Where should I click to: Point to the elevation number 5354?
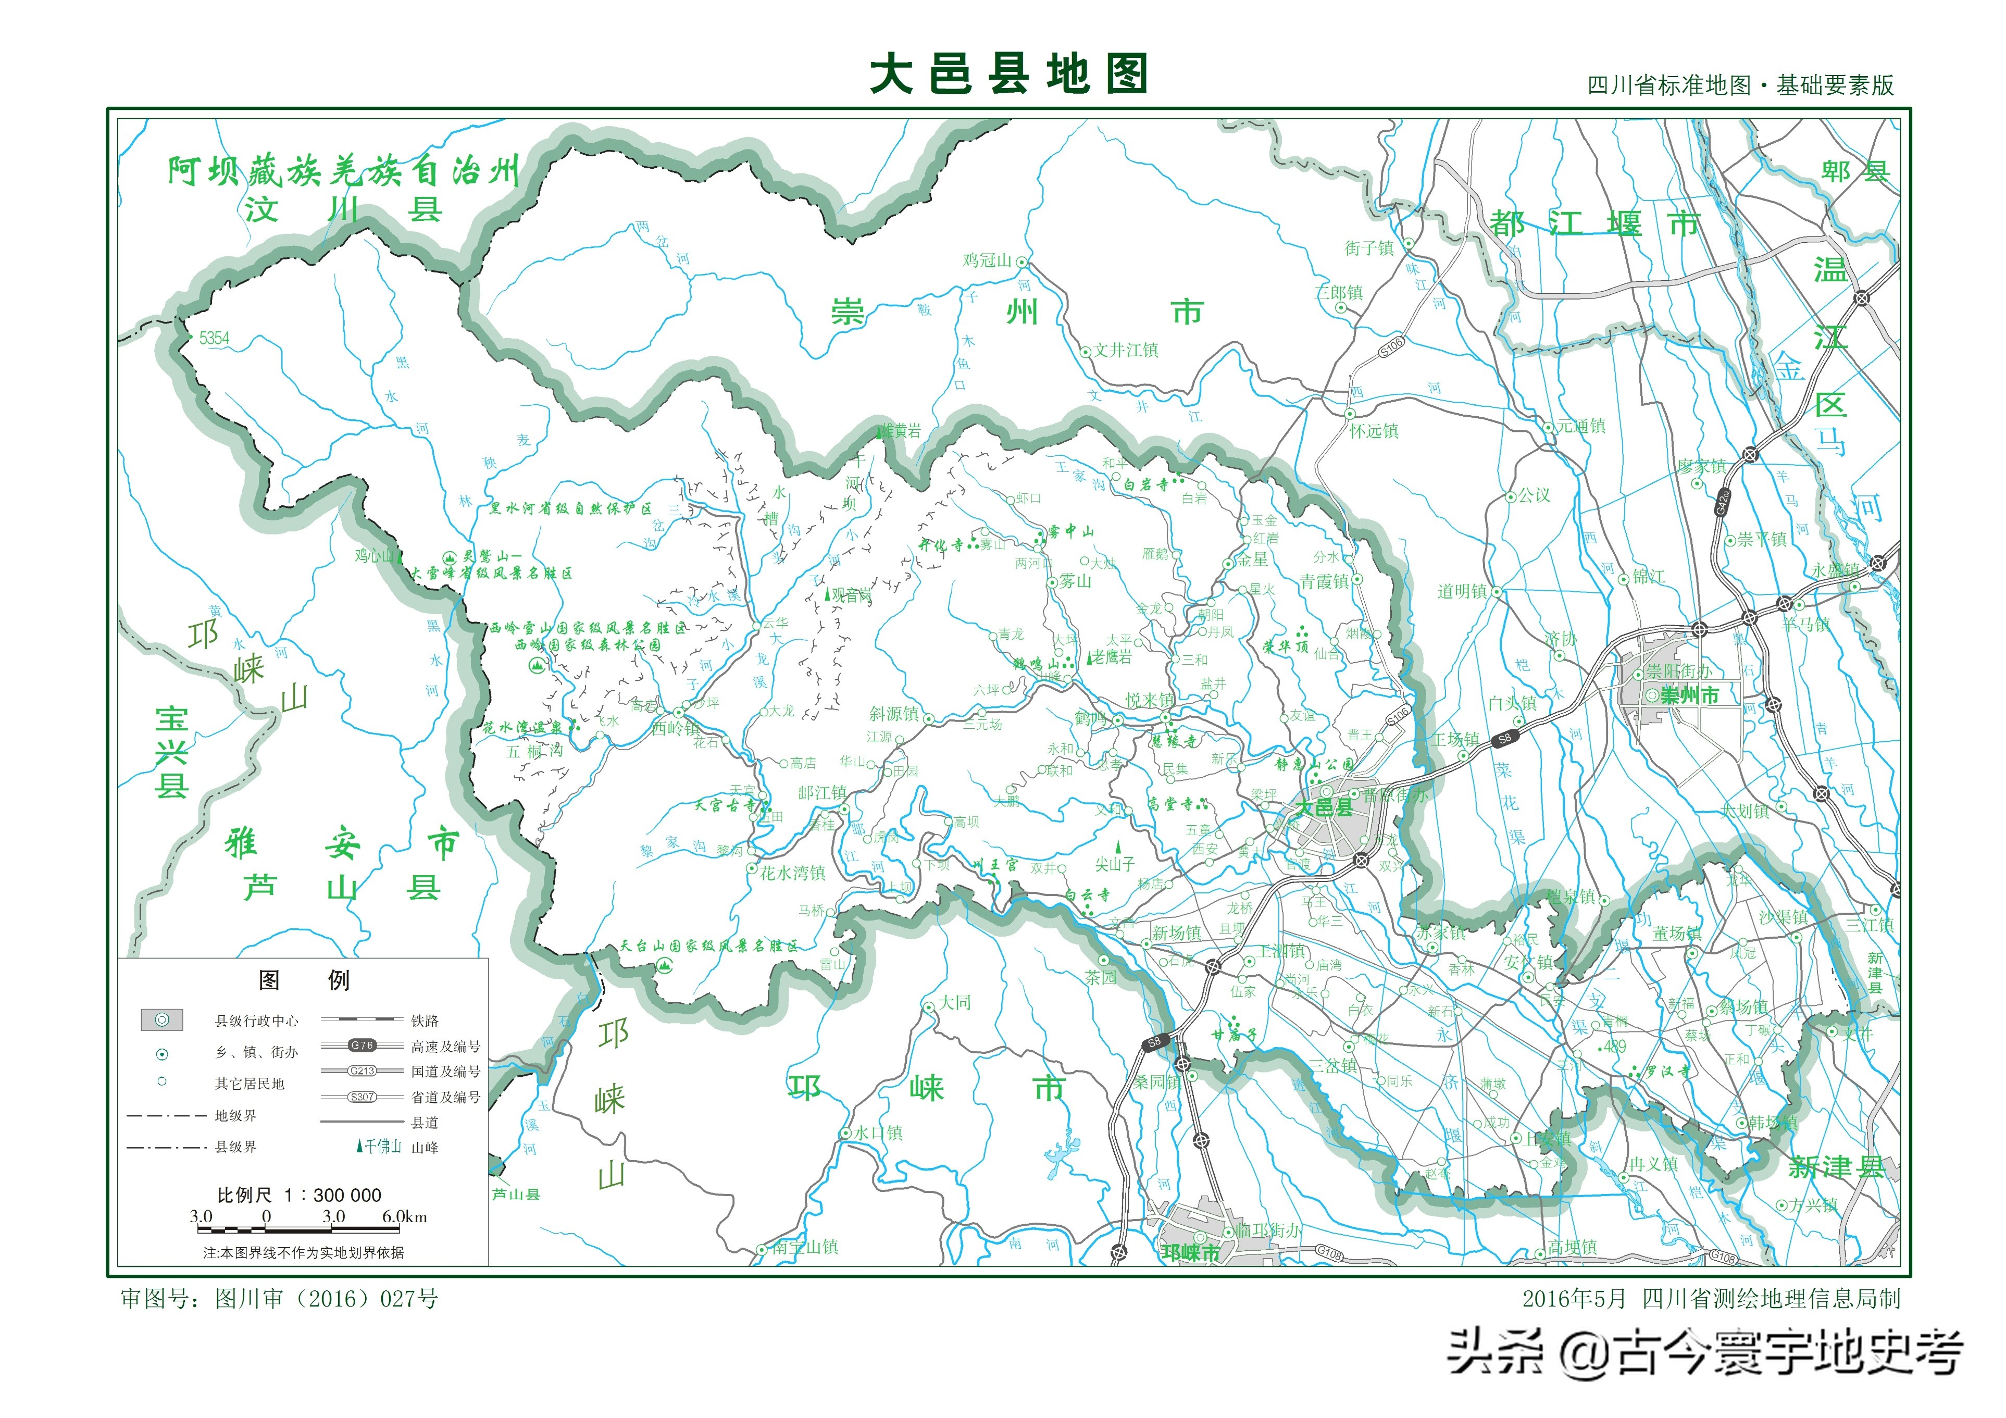(x=214, y=338)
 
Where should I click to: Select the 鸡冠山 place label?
(x=987, y=260)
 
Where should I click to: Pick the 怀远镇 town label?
(x=1374, y=431)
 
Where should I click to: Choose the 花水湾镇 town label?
(x=792, y=872)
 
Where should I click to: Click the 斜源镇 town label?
(x=894, y=714)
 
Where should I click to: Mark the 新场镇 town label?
(x=1176, y=933)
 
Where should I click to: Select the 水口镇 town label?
(x=878, y=1133)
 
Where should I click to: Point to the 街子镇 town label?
(x=1369, y=248)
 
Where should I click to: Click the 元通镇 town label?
(x=1581, y=426)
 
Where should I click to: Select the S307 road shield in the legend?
(x=362, y=1097)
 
